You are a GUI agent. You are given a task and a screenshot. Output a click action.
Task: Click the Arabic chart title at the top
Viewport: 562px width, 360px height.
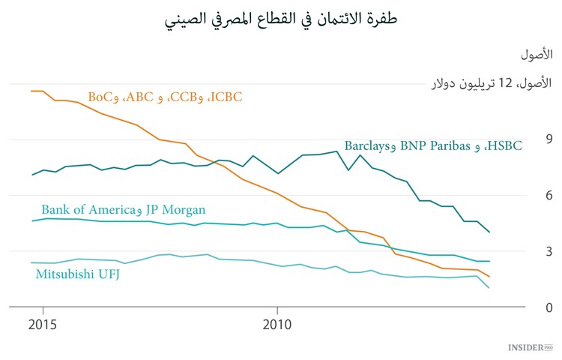tap(281, 18)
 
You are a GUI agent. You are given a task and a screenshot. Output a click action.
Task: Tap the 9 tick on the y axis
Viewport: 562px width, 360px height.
tap(528, 139)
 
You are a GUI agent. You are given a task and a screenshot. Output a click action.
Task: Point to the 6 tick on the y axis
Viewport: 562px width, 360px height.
tap(528, 195)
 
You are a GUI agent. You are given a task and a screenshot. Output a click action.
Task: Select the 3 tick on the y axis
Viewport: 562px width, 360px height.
tap(528, 251)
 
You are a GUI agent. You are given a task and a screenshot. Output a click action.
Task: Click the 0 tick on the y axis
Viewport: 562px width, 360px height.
tap(528, 307)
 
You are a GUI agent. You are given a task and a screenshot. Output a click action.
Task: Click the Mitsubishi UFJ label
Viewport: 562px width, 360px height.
tap(78, 274)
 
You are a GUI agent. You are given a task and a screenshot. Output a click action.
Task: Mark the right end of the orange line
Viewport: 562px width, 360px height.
tap(489, 277)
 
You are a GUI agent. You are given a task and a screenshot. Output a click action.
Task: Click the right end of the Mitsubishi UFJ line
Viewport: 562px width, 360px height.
tap(489, 288)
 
